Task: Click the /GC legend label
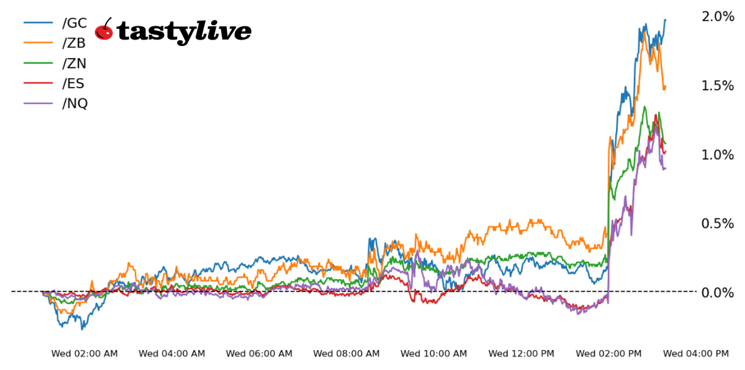pyautogui.click(x=74, y=23)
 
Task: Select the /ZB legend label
pyautogui.click(x=74, y=43)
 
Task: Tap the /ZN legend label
pyautogui.click(x=74, y=63)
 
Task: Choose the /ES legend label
pyautogui.click(x=74, y=84)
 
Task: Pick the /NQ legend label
pyautogui.click(x=74, y=103)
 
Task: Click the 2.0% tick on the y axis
pyautogui.click(x=718, y=16)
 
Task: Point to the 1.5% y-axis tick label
pyautogui.click(x=718, y=86)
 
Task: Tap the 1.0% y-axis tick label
pyautogui.click(x=718, y=155)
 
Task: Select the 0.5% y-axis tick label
pyautogui.click(x=718, y=224)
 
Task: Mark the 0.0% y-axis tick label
pyautogui.click(x=718, y=292)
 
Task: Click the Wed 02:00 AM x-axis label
pyautogui.click(x=84, y=354)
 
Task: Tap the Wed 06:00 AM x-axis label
pyautogui.click(x=259, y=354)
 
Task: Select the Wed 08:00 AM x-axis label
pyautogui.click(x=346, y=354)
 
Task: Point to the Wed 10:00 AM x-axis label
pyautogui.click(x=434, y=354)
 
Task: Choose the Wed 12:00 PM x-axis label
pyautogui.click(x=521, y=354)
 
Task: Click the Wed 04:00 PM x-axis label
pyautogui.click(x=696, y=354)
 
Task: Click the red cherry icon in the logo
pyautogui.click(x=104, y=30)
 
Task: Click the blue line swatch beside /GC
pyautogui.click(x=38, y=23)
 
